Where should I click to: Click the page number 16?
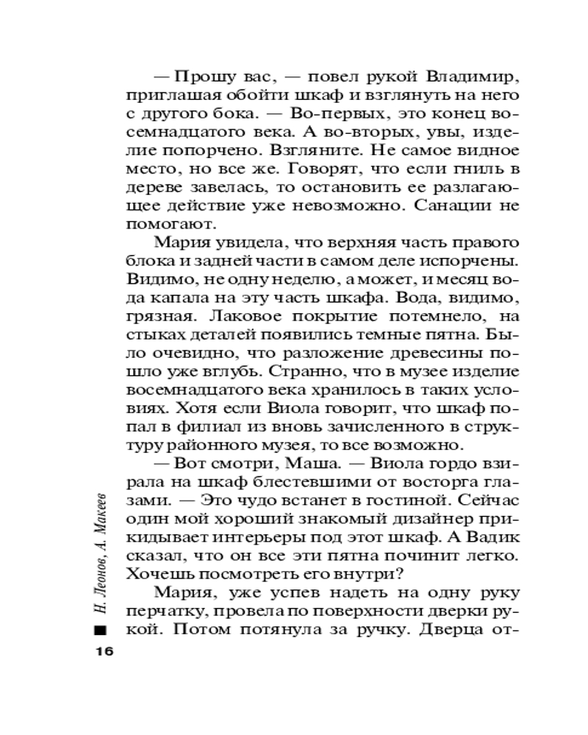point(101,652)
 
